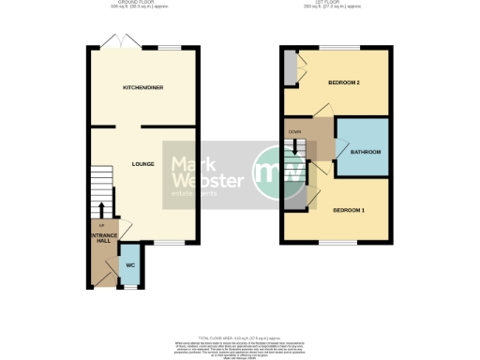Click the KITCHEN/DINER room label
pos(143,87)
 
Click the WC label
pos(131,264)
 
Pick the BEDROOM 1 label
pos(348,210)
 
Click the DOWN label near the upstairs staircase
pos(294,132)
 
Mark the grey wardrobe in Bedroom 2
pos(291,68)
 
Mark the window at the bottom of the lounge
pos(169,242)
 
